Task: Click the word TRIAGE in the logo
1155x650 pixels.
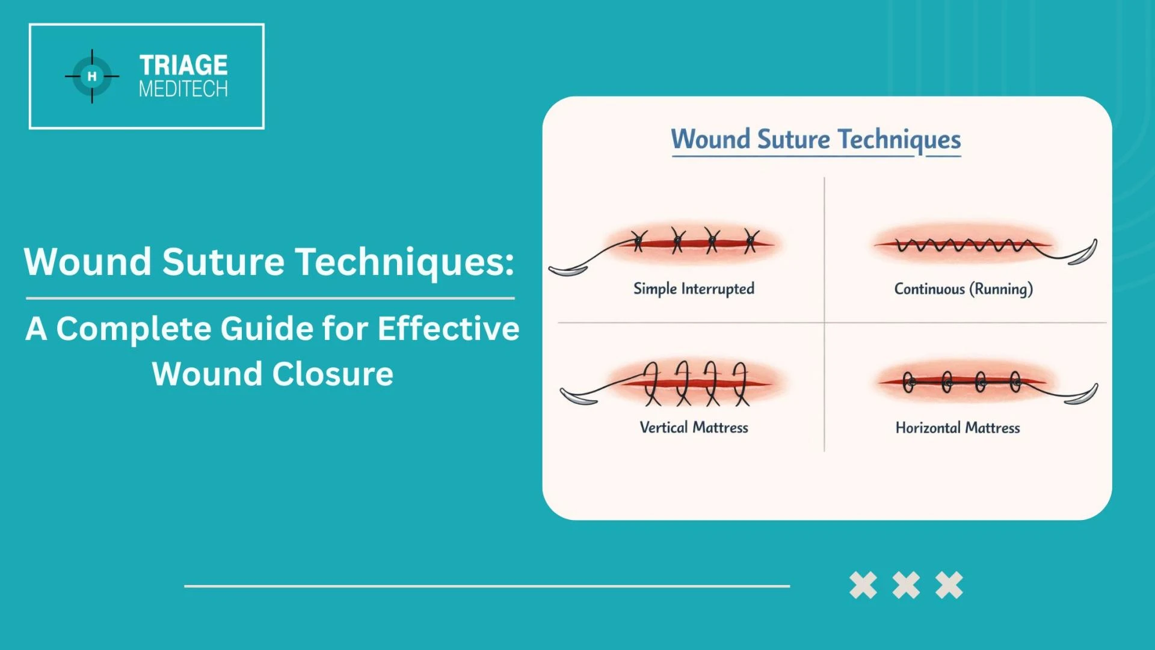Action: pyautogui.click(x=183, y=65)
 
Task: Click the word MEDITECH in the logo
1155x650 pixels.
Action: pyautogui.click(x=183, y=89)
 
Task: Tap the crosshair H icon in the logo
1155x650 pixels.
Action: pyautogui.click(x=92, y=76)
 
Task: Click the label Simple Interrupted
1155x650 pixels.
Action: pyautogui.click(x=694, y=289)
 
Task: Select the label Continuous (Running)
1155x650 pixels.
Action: pyautogui.click(x=963, y=289)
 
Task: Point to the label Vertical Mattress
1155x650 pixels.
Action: pyautogui.click(x=694, y=427)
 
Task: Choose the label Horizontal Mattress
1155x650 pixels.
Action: pyautogui.click(x=958, y=428)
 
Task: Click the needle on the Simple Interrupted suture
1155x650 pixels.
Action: pyautogui.click(x=567, y=271)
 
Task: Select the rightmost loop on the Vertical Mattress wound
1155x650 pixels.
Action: pyautogui.click(x=741, y=383)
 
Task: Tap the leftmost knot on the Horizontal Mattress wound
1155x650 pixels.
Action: pyautogui.click(x=908, y=382)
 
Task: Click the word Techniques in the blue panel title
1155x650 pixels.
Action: pyautogui.click(x=899, y=139)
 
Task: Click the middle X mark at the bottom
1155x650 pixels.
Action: pyautogui.click(x=906, y=585)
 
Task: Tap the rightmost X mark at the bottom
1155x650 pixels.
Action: pyautogui.click(x=949, y=585)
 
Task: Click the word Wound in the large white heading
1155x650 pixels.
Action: pyautogui.click(x=88, y=262)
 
